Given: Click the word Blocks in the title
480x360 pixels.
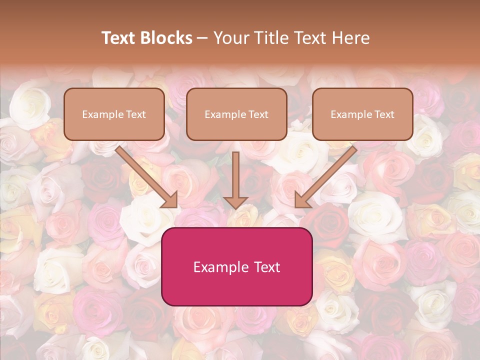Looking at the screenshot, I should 167,38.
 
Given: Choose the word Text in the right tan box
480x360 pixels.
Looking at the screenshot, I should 384,114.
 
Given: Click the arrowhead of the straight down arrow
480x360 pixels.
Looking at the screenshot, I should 235,202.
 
